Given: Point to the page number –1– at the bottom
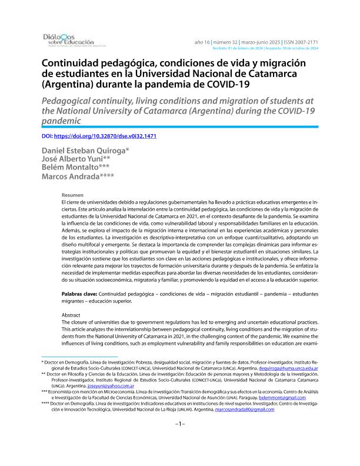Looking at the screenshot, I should [x=180, y=440].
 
